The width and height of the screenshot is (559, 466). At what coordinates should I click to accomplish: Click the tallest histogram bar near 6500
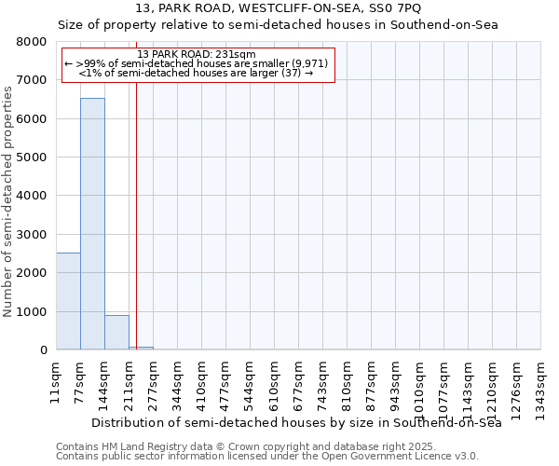click(x=92, y=224)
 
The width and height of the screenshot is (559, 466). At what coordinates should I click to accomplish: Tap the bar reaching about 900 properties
click(x=116, y=333)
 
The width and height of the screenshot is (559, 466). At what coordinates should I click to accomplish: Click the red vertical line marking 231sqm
click(x=136, y=214)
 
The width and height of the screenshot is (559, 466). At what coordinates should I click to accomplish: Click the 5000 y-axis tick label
click(x=34, y=158)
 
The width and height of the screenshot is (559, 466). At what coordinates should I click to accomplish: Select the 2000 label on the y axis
click(x=34, y=273)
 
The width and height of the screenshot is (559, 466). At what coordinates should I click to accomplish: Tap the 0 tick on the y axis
click(x=43, y=350)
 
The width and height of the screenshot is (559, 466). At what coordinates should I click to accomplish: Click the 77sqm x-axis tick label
click(x=80, y=381)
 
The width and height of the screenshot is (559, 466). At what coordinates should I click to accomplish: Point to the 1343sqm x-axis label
click(x=540, y=387)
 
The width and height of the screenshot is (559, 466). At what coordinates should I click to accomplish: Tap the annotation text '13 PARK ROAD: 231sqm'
click(x=196, y=53)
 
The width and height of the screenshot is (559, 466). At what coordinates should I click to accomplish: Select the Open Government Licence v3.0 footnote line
click(x=267, y=457)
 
